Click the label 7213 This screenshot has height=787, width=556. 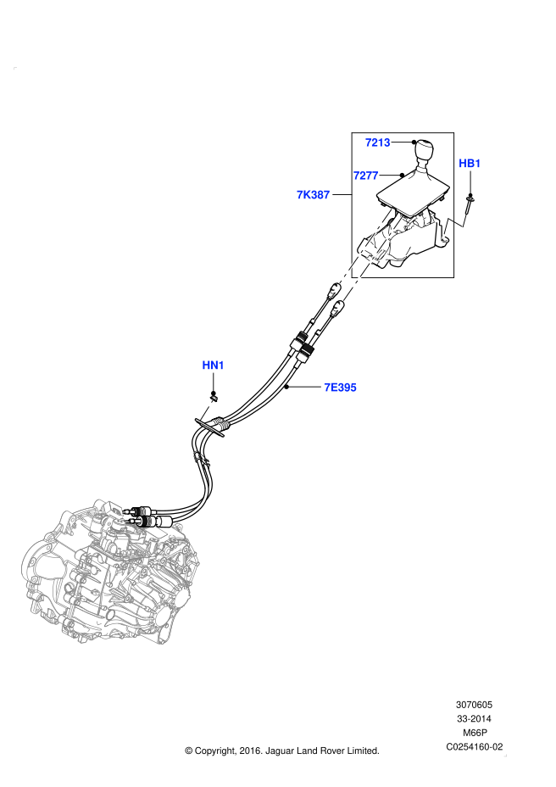point(377,143)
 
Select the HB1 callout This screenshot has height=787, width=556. point(470,165)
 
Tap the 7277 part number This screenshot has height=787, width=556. point(365,176)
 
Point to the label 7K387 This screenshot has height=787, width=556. point(313,196)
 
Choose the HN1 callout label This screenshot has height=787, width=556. point(213,366)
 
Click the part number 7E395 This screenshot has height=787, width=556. point(340,388)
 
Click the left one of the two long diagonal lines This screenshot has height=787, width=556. point(365,246)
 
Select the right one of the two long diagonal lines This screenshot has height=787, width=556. point(373,258)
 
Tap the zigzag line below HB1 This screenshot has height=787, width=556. point(455,225)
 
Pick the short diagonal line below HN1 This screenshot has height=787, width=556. point(207,410)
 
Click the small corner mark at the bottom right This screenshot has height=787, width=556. point(505,755)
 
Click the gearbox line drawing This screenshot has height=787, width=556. point(110,572)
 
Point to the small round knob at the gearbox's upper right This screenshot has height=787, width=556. point(177,527)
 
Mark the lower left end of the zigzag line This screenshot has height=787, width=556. point(443,237)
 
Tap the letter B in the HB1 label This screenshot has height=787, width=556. point(470,165)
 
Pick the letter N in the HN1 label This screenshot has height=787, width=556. point(214,366)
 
